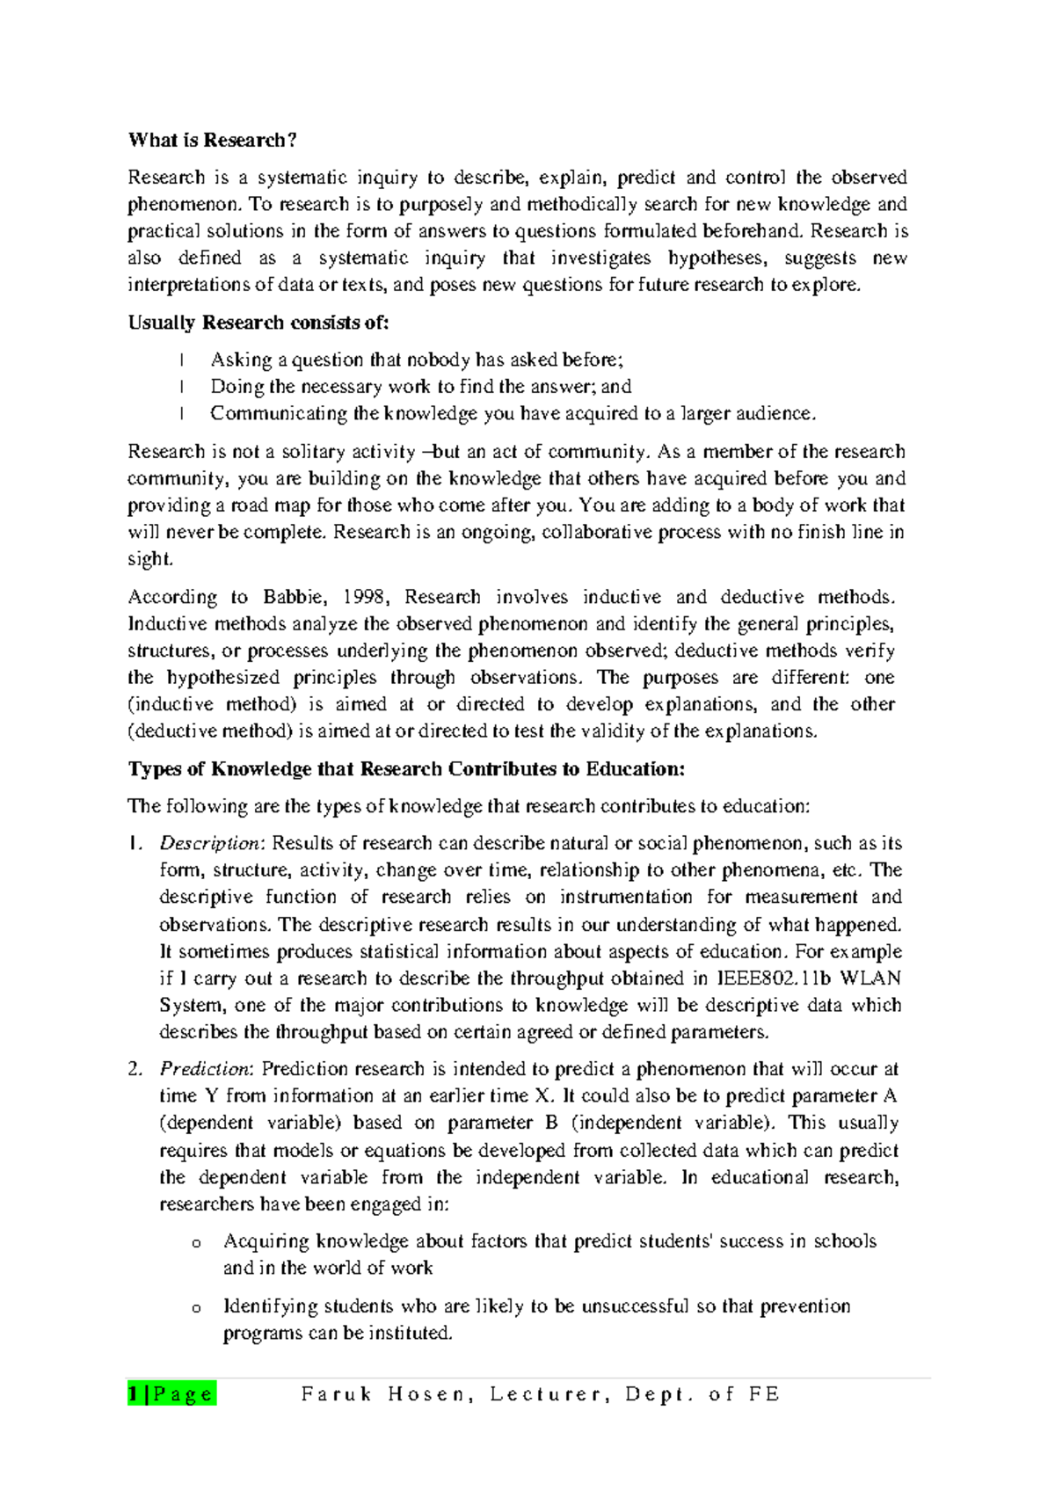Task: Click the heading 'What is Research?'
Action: click(x=212, y=141)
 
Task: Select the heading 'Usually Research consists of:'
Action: click(x=258, y=323)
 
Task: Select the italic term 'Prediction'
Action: click(x=206, y=1070)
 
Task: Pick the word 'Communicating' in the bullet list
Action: click(x=279, y=414)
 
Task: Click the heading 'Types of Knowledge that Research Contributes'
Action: click(x=406, y=770)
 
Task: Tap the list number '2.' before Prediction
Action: click(x=135, y=1070)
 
